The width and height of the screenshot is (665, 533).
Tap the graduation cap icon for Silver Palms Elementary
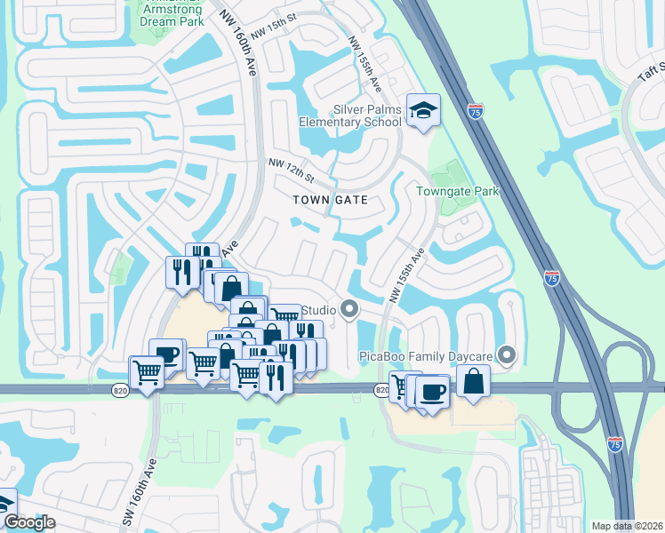[x=423, y=110]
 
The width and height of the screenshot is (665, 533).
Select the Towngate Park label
[x=459, y=191]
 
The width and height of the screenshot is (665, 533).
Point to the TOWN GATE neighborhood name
[x=330, y=200]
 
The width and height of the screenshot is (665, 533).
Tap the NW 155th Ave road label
[x=365, y=65]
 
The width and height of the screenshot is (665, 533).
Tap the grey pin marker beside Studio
[x=349, y=310]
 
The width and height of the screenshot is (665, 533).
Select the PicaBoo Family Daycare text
[x=426, y=357]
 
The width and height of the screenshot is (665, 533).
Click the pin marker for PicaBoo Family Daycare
[x=508, y=356]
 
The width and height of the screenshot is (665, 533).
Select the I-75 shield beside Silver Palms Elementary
[x=475, y=111]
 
